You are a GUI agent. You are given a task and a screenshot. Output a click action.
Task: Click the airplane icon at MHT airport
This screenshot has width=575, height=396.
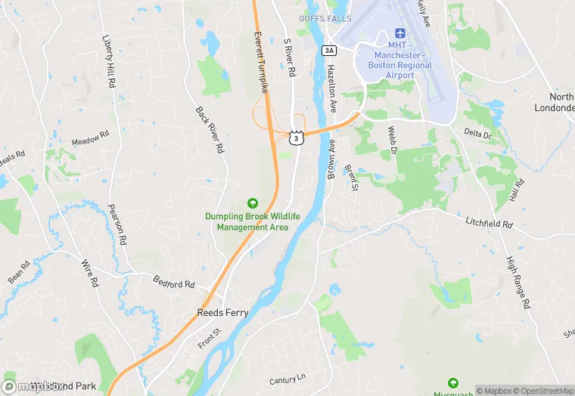click(x=400, y=34)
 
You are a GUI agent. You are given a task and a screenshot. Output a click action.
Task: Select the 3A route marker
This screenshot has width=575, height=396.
click(x=328, y=51)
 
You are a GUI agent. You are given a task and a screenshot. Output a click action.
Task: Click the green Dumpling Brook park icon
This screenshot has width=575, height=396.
click(x=253, y=203)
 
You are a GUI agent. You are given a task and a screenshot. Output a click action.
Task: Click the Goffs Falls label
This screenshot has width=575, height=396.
click(x=325, y=18)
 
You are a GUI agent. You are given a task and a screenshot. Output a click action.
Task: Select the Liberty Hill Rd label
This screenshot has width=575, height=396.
click(x=107, y=60)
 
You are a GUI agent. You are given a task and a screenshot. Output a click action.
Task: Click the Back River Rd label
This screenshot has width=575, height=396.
click(x=210, y=129)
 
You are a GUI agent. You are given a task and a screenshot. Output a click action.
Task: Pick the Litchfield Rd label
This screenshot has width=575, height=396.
click(x=489, y=224)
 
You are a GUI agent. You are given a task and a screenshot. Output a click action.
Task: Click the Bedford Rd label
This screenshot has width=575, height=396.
click(x=173, y=284)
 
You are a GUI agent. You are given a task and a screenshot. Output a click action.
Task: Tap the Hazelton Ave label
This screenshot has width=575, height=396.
click(x=331, y=89)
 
